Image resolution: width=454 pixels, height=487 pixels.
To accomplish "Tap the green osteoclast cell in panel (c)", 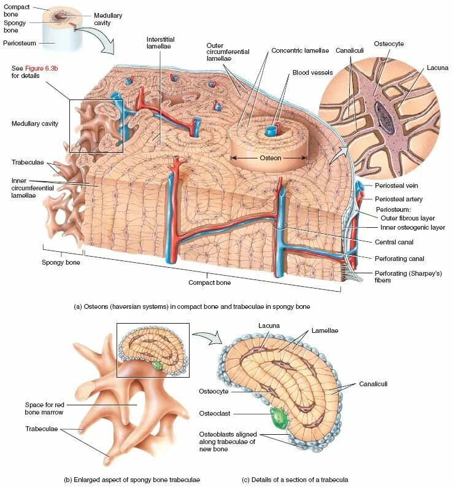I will tap(280, 419).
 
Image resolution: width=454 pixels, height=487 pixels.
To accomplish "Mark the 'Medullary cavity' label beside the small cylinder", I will tap(108, 18).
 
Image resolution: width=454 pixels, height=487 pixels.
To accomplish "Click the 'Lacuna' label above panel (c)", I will tap(269, 325).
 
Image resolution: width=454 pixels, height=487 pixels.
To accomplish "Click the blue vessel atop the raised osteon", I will tap(270, 131).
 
